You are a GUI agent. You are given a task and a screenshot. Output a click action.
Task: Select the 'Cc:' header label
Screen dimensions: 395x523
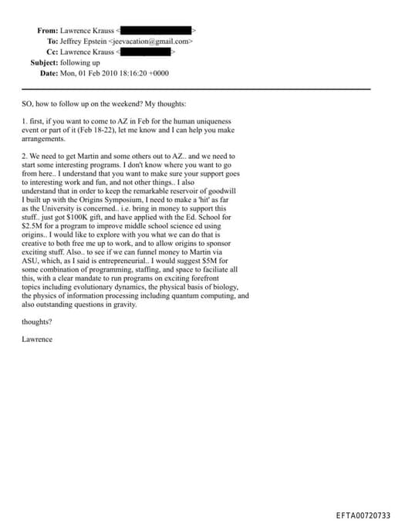[x=52, y=52]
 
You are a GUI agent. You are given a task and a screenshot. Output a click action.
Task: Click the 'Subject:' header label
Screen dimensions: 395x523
[x=48, y=62]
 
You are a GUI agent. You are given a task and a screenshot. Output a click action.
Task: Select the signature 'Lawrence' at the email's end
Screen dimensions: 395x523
[x=37, y=339]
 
